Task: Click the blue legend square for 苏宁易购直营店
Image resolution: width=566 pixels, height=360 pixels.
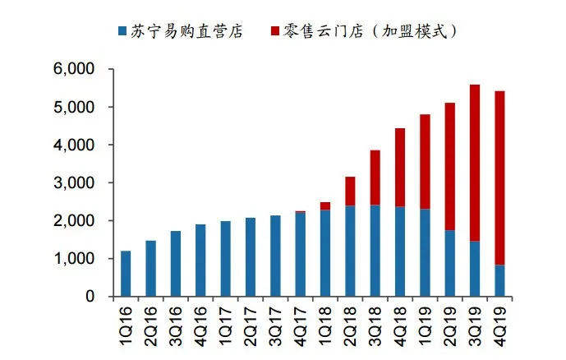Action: coord(122,31)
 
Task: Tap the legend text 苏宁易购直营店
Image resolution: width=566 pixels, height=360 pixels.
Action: coord(186,31)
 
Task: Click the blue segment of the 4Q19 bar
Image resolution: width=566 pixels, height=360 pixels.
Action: coord(499,280)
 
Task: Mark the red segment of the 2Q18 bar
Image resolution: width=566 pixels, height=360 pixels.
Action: coord(350,191)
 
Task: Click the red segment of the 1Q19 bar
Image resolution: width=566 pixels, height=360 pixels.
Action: coord(425,161)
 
